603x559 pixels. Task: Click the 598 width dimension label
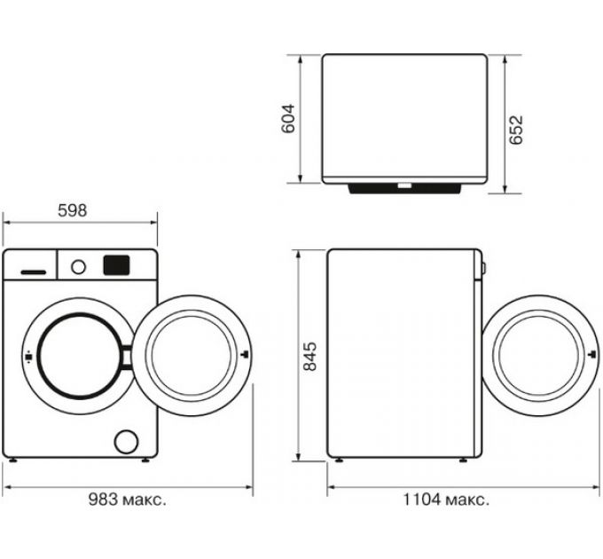click(72, 211)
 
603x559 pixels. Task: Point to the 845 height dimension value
click(309, 356)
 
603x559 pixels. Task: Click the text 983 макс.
click(127, 500)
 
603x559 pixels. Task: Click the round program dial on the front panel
click(78, 265)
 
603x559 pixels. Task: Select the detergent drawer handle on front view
click(33, 269)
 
